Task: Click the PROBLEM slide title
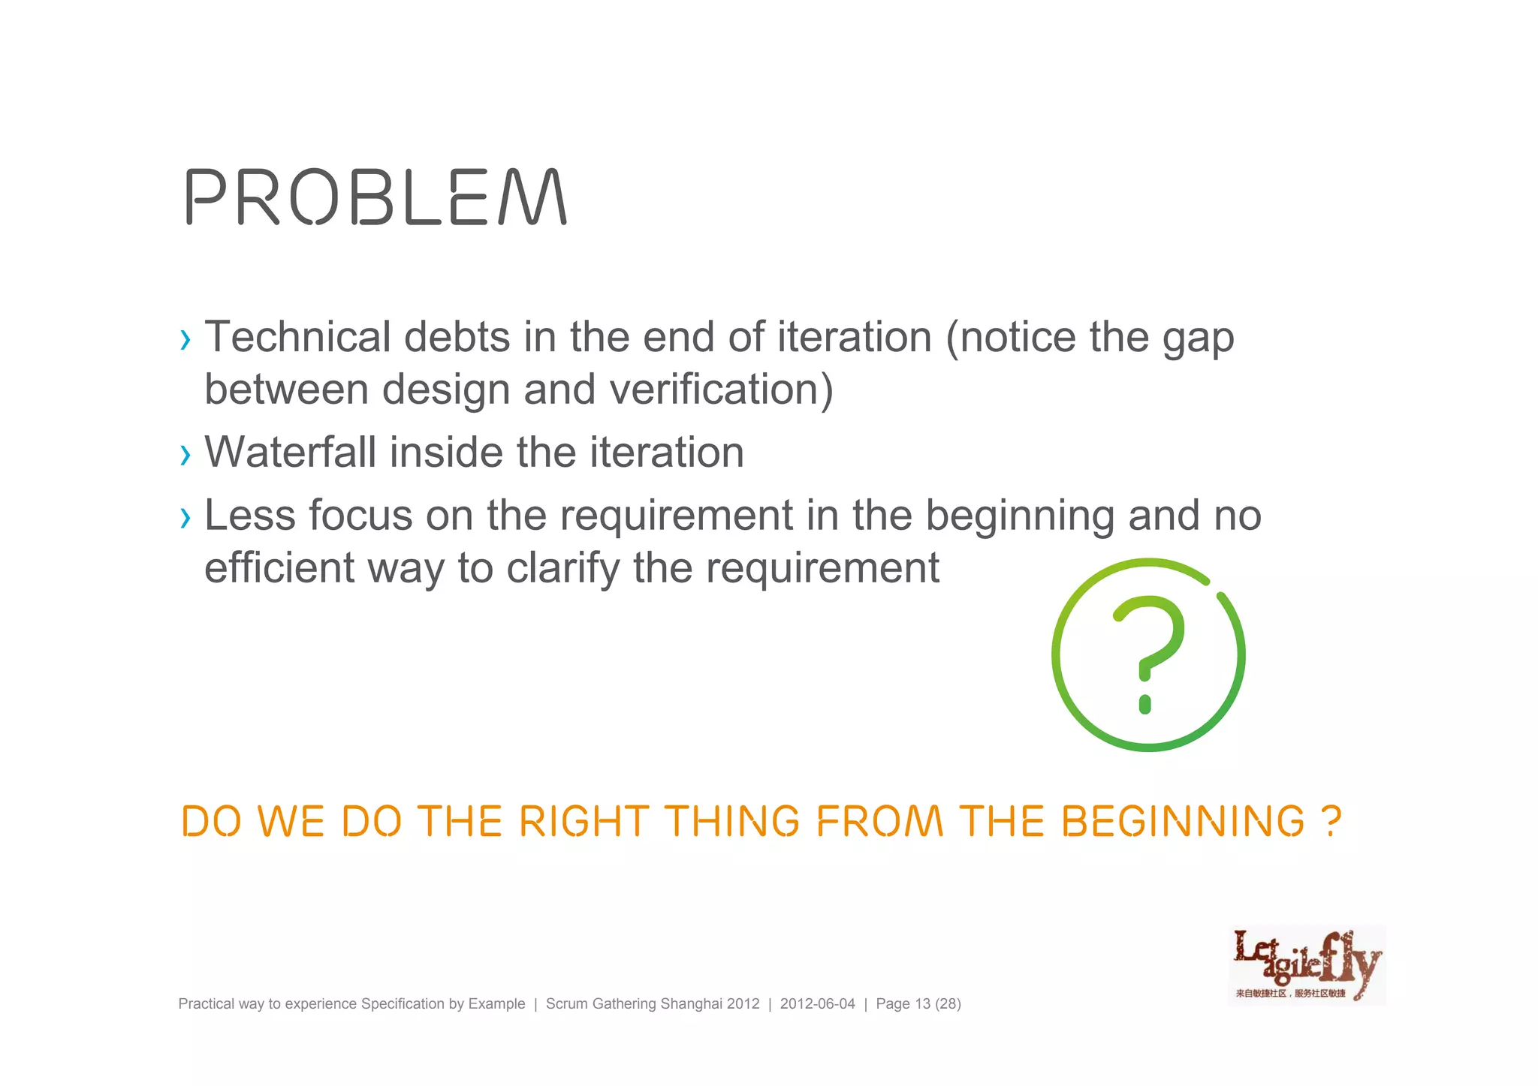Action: point(376,197)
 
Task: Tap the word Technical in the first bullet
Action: point(297,337)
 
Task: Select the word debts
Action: point(457,337)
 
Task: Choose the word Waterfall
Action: point(290,453)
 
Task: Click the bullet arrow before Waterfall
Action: point(185,454)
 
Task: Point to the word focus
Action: point(360,516)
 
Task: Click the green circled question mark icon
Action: point(1148,654)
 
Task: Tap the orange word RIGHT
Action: point(584,821)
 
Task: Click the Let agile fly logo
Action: point(1307,966)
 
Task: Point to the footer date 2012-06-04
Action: point(817,1004)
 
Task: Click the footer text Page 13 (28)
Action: point(918,1004)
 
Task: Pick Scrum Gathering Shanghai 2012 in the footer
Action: point(653,1004)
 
